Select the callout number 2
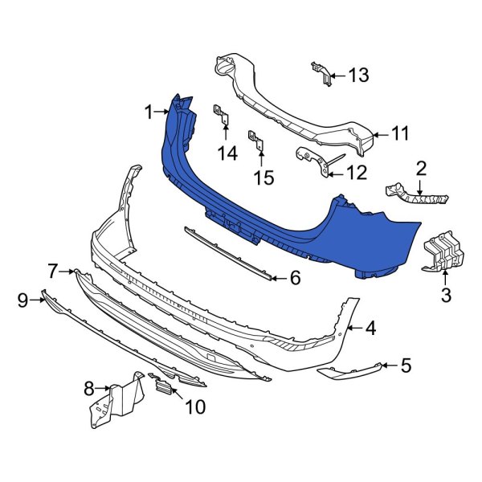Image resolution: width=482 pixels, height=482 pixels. [x=420, y=168]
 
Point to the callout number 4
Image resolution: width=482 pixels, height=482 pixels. [x=370, y=328]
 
